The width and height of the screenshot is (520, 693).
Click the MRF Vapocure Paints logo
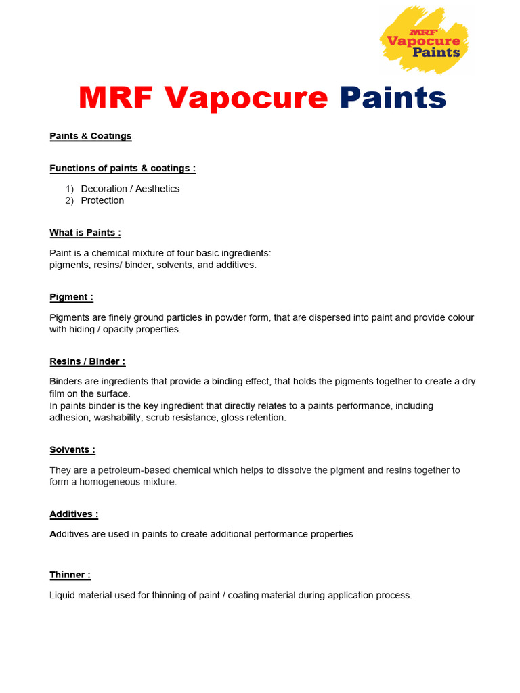pyautogui.click(x=425, y=40)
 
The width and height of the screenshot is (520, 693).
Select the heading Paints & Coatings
pyautogui.click(x=91, y=136)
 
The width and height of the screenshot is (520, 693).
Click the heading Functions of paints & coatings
pyautogui.click(x=123, y=169)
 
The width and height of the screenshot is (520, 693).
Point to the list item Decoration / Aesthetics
pyautogui.click(x=130, y=189)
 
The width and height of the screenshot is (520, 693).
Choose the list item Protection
pyautogui.click(x=102, y=200)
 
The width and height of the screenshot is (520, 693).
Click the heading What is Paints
pyautogui.click(x=85, y=233)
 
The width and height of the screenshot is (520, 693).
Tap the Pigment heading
pyautogui.click(x=71, y=297)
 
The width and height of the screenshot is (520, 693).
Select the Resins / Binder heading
pyautogui.click(x=87, y=361)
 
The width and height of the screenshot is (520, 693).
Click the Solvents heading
pyautogui.click(x=72, y=450)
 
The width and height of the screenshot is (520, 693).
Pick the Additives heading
pyautogui.click(x=74, y=514)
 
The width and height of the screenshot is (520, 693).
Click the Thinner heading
pyautogui.click(x=70, y=575)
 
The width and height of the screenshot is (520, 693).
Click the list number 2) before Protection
pyautogui.click(x=69, y=200)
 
